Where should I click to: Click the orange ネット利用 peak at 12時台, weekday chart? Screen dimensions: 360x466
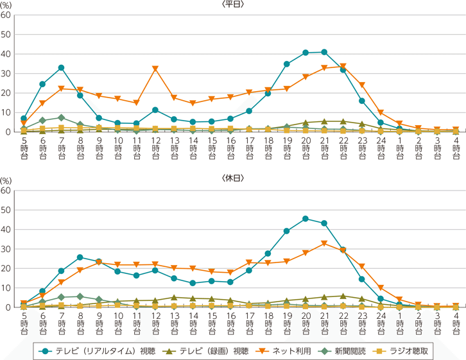155,69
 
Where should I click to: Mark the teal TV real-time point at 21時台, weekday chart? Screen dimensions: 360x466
324,52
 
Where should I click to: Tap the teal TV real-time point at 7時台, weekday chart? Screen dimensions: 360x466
61,67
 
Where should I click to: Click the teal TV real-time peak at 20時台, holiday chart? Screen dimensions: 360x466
305,219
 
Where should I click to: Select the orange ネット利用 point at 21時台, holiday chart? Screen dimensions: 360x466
324,243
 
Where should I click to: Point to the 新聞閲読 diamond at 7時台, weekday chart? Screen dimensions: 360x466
61,117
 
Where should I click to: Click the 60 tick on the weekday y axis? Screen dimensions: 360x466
6,15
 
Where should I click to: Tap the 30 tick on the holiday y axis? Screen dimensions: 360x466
6,249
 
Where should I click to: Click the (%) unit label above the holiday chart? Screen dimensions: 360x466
6,181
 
